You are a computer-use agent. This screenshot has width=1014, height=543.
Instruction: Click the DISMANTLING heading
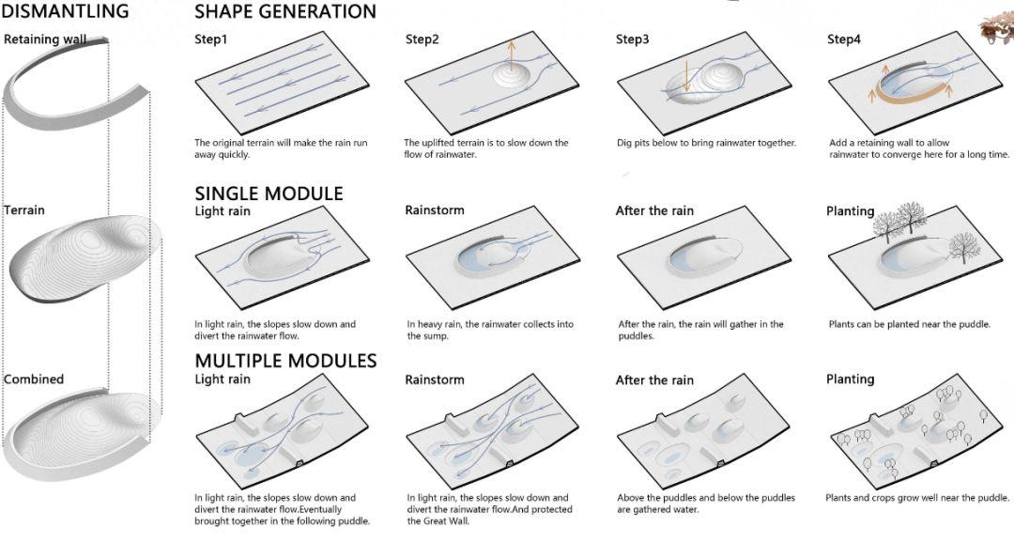tap(65, 12)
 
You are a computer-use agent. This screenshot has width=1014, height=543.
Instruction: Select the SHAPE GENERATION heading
tap(285, 12)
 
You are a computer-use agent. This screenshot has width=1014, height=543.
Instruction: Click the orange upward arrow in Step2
tap(512, 56)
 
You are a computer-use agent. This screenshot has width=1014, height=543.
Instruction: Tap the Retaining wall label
tap(44, 39)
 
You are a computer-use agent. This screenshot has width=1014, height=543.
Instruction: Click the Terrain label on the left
tap(24, 209)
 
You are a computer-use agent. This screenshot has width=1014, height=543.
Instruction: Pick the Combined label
tap(34, 380)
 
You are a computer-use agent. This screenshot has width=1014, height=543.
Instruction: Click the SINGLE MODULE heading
tap(269, 194)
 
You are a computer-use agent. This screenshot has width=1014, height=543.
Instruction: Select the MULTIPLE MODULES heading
tap(285, 361)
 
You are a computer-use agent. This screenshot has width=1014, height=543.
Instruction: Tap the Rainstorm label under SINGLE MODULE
tap(434, 210)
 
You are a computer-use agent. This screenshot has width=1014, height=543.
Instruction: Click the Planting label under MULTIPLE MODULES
tap(850, 380)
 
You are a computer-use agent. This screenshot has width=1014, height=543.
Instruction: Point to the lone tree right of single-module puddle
tap(959, 248)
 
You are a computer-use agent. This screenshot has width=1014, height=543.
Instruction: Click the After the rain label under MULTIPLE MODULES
tap(654, 380)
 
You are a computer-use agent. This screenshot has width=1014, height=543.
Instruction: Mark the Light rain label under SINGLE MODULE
tap(223, 211)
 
